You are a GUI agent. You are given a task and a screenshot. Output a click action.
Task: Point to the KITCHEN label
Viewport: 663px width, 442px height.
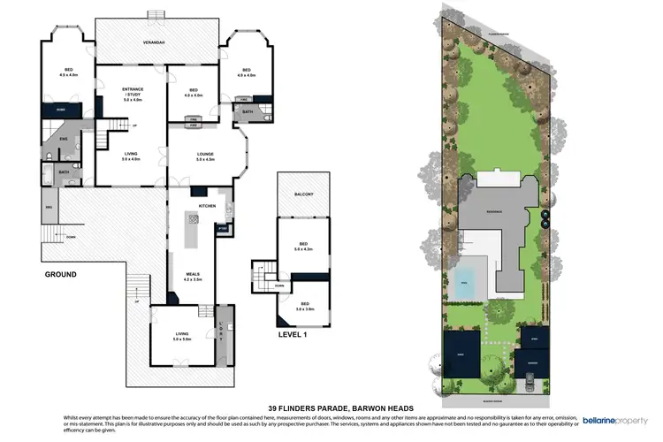(x=207, y=205)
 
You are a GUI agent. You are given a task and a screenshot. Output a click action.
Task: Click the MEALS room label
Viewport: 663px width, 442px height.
(x=194, y=277)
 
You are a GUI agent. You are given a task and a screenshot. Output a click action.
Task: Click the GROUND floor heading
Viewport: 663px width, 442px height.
(x=60, y=275)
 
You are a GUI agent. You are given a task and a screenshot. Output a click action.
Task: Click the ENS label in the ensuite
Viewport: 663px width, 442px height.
(x=64, y=139)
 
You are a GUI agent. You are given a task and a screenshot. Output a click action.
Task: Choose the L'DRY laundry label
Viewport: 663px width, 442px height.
(x=222, y=334)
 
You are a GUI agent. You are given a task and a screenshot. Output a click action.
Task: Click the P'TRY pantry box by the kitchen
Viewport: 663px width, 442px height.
(x=223, y=228)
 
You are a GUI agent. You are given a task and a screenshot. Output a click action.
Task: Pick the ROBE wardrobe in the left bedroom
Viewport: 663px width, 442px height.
(x=62, y=110)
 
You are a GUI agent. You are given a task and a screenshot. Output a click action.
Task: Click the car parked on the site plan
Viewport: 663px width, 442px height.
(x=530, y=381)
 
